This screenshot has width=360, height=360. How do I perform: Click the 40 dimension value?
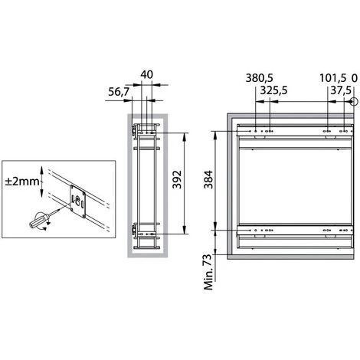147,74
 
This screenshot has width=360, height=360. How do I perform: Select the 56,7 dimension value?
119,92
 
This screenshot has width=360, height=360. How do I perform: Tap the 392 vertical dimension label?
177,179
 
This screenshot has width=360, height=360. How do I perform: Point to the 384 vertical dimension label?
208,179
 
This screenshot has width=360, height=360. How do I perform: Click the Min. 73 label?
208,272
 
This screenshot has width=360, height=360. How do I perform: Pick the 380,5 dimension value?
260,78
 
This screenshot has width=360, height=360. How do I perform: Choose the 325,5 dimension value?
273,90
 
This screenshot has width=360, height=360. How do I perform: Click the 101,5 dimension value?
333,78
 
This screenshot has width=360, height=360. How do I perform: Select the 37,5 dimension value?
341,90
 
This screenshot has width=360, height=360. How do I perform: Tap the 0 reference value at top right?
355,78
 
